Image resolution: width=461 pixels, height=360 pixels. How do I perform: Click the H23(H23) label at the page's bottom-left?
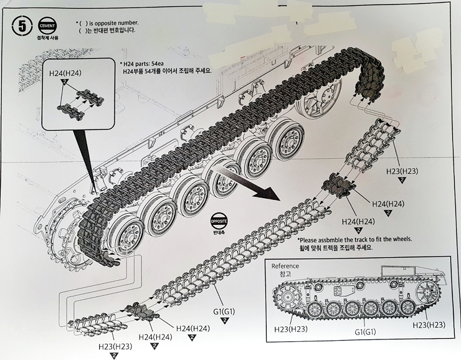coord(115,346)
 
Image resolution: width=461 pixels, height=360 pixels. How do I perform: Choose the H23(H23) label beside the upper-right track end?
coord(401,170)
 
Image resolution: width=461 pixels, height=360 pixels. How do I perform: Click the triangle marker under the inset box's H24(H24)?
coord(65,82)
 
